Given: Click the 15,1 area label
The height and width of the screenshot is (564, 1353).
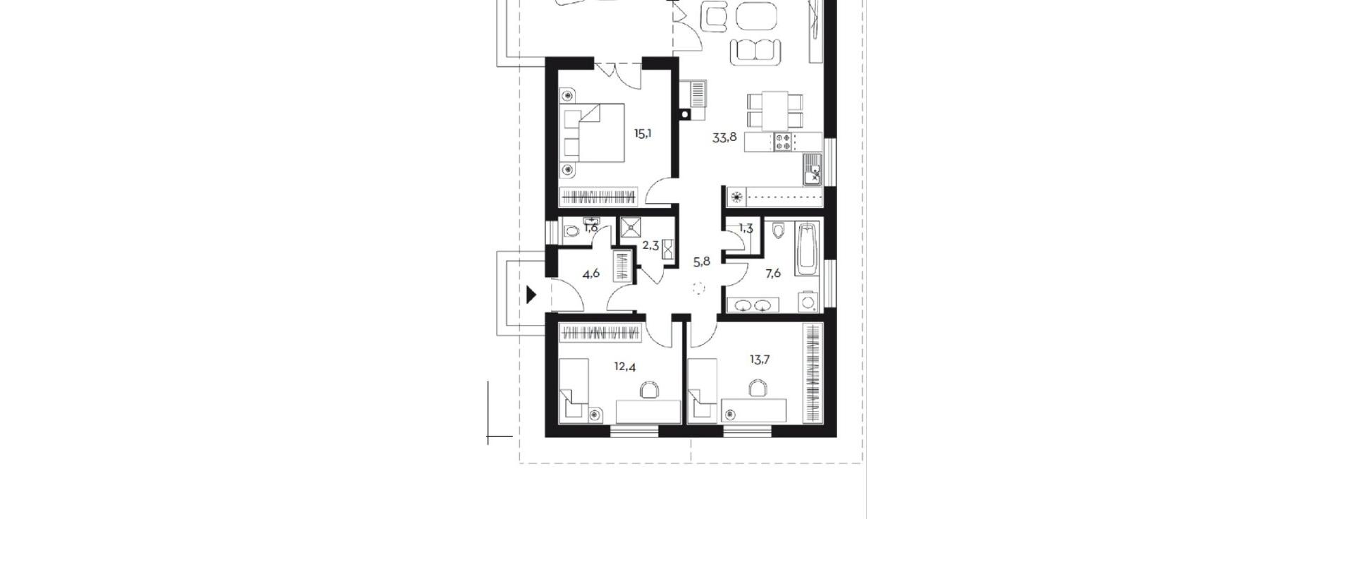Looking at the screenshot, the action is [642, 133].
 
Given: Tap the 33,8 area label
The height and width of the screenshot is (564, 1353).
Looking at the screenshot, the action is [724, 137].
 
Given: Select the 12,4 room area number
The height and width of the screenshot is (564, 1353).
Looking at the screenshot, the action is [624, 367].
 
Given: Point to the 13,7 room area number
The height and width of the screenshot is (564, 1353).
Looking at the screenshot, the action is [760, 360].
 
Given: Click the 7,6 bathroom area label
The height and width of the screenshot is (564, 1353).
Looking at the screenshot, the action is [773, 274].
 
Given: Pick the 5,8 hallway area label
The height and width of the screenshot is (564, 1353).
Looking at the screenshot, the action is [702, 262].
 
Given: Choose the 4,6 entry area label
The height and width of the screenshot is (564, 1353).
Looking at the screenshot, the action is [591, 274].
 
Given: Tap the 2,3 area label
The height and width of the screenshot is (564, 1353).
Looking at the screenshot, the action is [650, 246].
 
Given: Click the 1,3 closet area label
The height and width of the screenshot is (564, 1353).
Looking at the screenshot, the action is [746, 228].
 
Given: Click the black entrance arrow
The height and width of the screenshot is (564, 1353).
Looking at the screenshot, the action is [531, 294].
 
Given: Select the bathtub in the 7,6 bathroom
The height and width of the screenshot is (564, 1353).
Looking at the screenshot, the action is [808, 249].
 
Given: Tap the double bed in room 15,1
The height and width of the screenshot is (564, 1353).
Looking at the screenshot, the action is [593, 133].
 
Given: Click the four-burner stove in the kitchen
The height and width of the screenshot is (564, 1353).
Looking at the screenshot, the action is [783, 142].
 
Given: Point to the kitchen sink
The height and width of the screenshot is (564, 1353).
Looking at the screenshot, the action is [813, 170].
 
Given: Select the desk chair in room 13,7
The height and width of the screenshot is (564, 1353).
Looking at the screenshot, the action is [758, 388].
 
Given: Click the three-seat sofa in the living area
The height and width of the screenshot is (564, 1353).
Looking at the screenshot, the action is [755, 51].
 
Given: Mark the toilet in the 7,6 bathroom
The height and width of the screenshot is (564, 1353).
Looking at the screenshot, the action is [778, 231].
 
